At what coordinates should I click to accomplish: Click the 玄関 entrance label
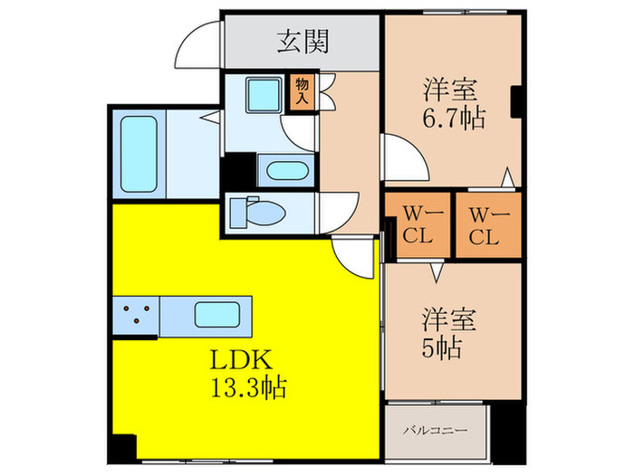303,41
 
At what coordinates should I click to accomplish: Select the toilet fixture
257,212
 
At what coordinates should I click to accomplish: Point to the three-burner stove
136,316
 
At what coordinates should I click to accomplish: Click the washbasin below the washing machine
285,169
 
